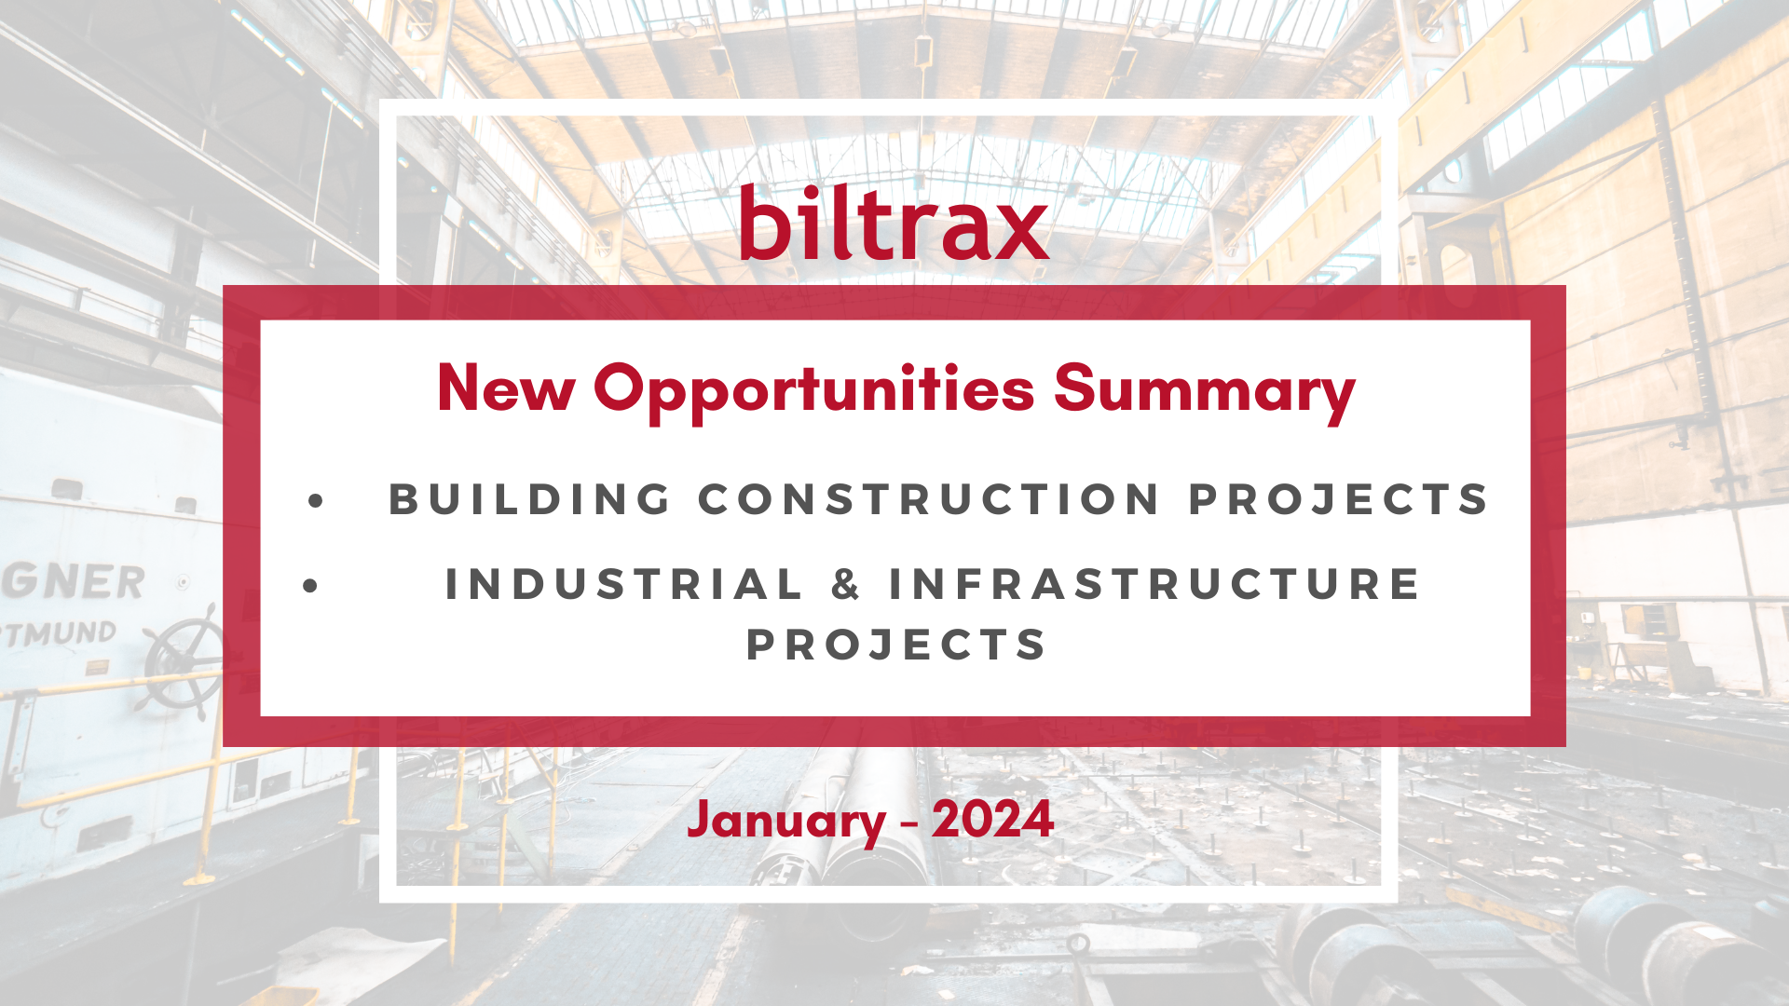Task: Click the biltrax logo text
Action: tap(894, 223)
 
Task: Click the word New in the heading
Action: tap(506, 387)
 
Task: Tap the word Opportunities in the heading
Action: tap(814, 392)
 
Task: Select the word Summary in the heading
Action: tap(1205, 392)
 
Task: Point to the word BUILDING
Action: tap(530, 499)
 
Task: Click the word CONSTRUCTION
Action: tap(930, 499)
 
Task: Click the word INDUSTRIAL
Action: tap(624, 585)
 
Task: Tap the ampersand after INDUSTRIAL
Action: tap(845, 585)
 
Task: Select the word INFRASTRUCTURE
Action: tap(1154, 585)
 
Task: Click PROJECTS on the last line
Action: tap(896, 645)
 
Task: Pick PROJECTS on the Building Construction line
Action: tap(1339, 499)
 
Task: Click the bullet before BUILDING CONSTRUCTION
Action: tap(316, 501)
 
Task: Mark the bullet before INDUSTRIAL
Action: tap(311, 586)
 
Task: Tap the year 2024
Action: tap(992, 819)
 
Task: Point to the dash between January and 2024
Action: tap(908, 824)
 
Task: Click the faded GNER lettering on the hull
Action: tap(73, 582)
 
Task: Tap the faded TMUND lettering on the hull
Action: tap(58, 634)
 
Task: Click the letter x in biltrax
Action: tap(1017, 232)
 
